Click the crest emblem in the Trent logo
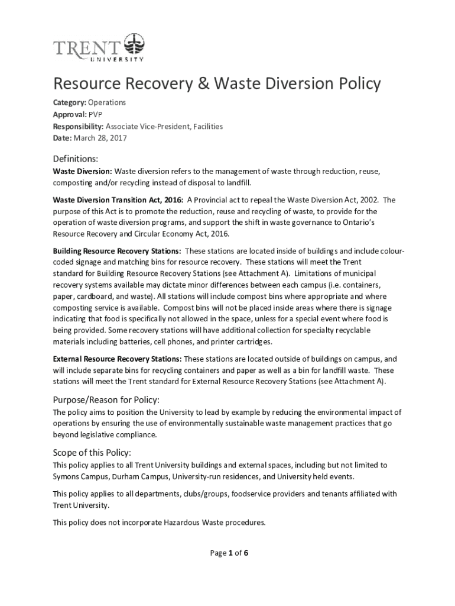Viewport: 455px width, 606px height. [133, 45]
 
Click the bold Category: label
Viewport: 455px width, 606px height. [70, 103]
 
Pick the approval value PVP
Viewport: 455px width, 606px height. [95, 115]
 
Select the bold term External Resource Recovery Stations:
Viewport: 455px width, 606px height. [117, 359]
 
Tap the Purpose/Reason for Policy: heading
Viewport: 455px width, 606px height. [106, 399]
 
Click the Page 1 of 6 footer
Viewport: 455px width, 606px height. [229, 553]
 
